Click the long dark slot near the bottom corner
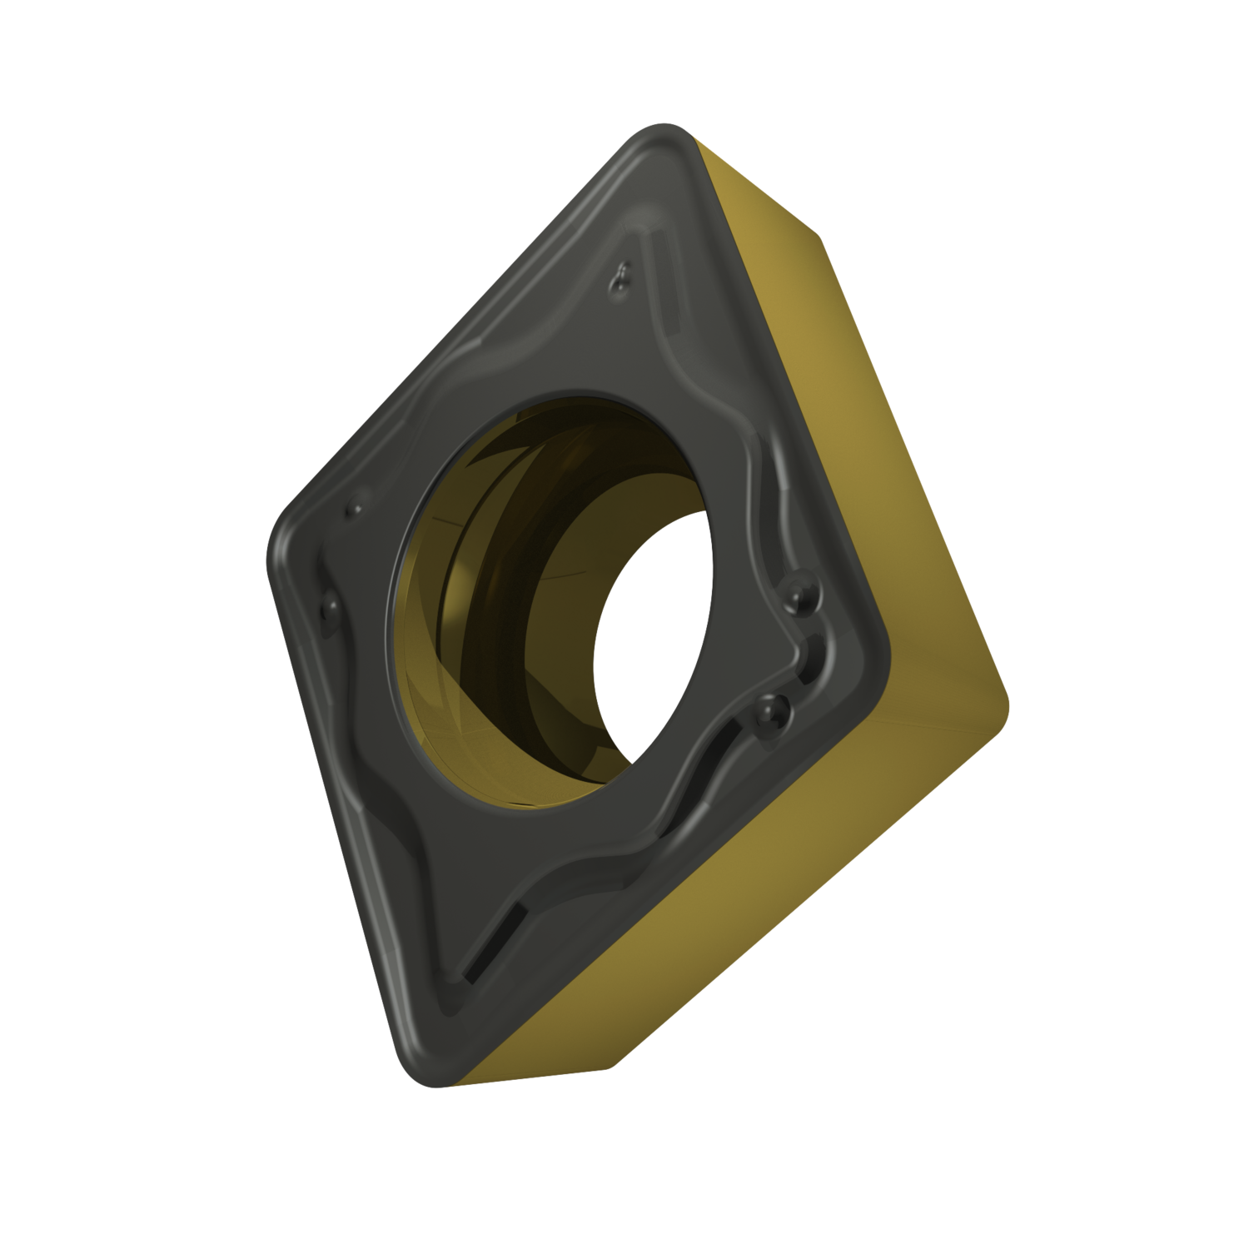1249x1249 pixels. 491,941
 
